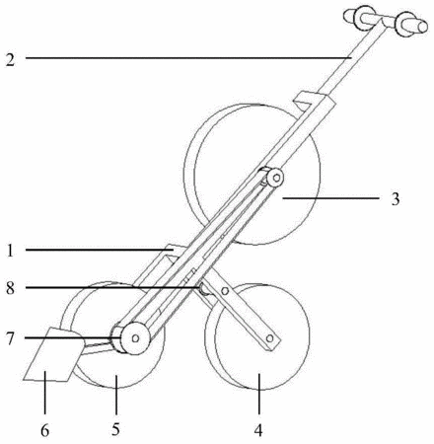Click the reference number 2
click(x=10, y=60)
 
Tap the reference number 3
click(x=396, y=199)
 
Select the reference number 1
click(x=10, y=251)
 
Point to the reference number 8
click(x=10, y=288)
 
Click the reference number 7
click(x=10, y=338)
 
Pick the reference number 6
click(x=44, y=430)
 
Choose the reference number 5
click(x=115, y=429)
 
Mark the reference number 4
click(x=258, y=430)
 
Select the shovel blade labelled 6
click(x=52, y=354)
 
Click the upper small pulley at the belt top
click(x=274, y=178)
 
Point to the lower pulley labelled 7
click(x=131, y=338)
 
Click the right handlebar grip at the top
click(x=411, y=24)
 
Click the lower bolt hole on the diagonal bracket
click(x=270, y=338)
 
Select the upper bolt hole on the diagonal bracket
click(x=225, y=291)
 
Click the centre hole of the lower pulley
click(x=135, y=338)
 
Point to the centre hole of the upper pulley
click(x=276, y=178)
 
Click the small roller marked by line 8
click(x=204, y=290)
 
